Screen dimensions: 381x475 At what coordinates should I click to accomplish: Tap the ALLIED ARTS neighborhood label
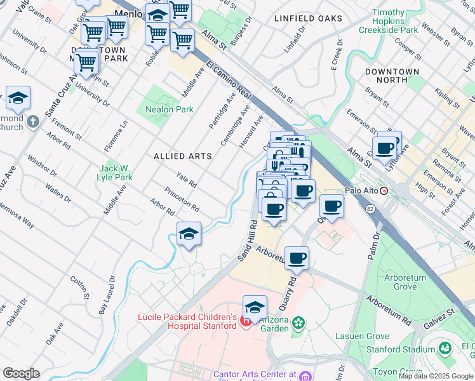tap(182, 156)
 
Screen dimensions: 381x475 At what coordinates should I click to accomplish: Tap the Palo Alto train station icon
tap(384, 190)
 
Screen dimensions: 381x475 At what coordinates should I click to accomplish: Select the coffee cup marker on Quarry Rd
tap(297, 258)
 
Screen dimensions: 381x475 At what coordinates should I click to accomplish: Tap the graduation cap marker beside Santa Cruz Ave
tap(18, 98)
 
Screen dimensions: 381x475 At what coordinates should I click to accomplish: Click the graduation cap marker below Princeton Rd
tap(189, 234)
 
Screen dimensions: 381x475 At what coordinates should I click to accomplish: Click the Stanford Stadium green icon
tap(445, 349)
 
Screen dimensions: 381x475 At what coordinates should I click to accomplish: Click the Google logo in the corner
tap(21, 373)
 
